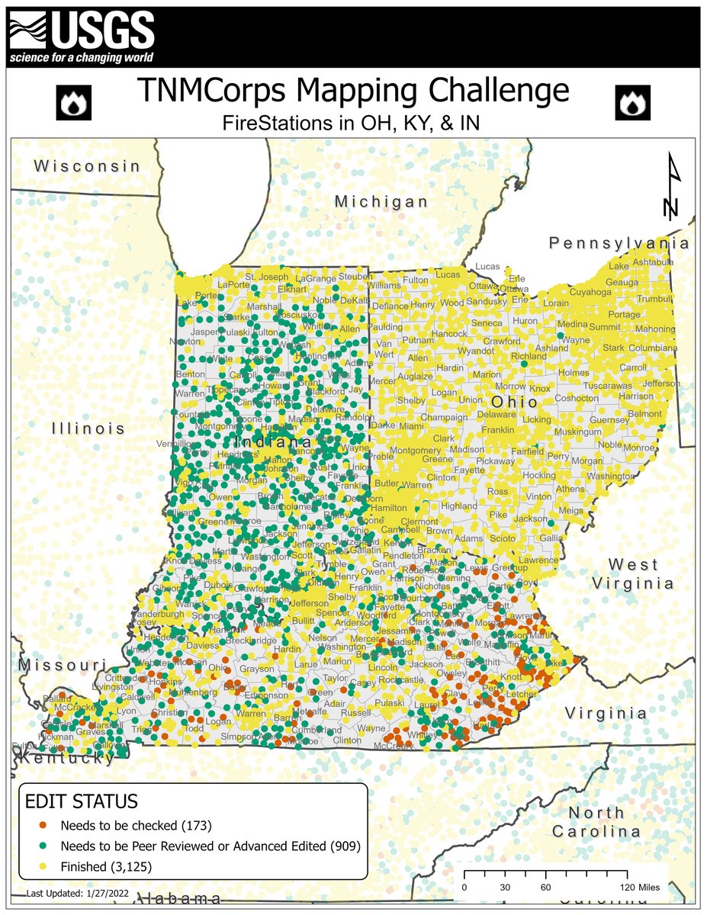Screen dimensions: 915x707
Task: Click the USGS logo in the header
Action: [x=82, y=36]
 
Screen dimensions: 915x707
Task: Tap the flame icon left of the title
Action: [x=76, y=102]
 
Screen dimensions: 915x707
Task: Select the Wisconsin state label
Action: [x=88, y=165]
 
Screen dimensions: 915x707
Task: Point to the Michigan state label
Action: [x=381, y=201]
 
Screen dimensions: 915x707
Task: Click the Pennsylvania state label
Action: [x=619, y=243]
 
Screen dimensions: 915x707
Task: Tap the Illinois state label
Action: [x=88, y=428]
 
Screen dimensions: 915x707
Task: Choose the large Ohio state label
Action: [x=509, y=401]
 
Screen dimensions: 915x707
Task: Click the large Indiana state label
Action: [x=272, y=442]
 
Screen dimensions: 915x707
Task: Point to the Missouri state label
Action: [x=62, y=664]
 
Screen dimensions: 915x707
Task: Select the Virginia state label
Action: [x=606, y=713]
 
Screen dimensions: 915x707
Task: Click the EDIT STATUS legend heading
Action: [x=82, y=801]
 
